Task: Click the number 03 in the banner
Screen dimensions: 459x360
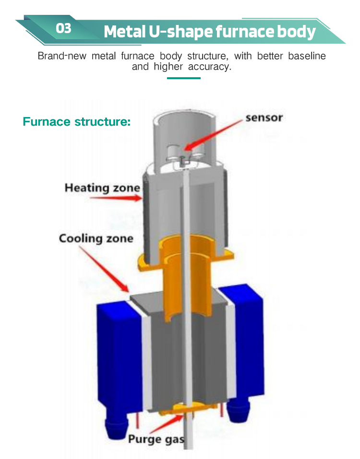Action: pyautogui.click(x=63, y=28)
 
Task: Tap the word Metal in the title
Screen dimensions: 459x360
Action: pyautogui.click(x=123, y=32)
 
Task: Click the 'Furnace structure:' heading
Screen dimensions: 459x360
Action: pyautogui.click(x=77, y=121)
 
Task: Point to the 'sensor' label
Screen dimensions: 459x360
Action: pyautogui.click(x=264, y=117)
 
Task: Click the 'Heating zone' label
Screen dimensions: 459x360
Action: pyautogui.click(x=102, y=187)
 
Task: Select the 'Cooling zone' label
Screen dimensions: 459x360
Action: pyautogui.click(x=96, y=238)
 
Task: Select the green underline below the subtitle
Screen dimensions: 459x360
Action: pyautogui.click(x=183, y=78)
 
